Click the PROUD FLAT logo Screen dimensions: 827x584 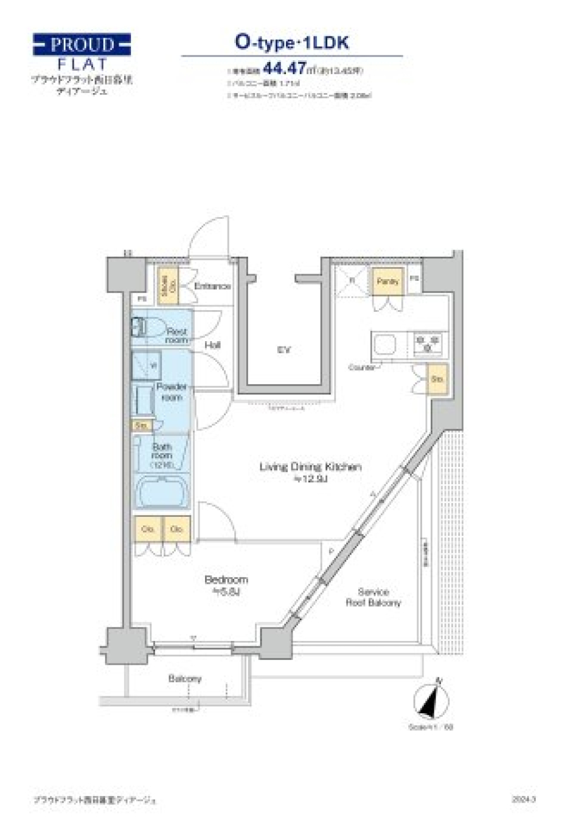pyautogui.click(x=82, y=52)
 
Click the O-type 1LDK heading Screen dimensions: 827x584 pyautogui.click(x=292, y=43)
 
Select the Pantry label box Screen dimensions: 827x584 pyautogui.click(x=388, y=282)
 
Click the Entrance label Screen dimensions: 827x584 pyautogui.click(x=212, y=286)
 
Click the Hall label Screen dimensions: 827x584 pyautogui.click(x=212, y=345)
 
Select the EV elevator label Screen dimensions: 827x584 pyautogui.click(x=283, y=350)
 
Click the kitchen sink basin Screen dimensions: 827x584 pyautogui.click(x=384, y=345)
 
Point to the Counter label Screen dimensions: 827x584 pyautogui.click(x=361, y=367)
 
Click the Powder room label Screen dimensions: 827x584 pyautogui.click(x=172, y=392)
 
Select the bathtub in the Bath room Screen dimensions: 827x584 pyautogui.click(x=161, y=491)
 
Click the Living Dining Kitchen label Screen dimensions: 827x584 pyautogui.click(x=310, y=467)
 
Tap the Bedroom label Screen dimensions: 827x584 pyautogui.click(x=226, y=580)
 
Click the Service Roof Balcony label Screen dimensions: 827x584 pyautogui.click(x=373, y=597)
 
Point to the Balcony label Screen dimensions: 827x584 pyautogui.click(x=185, y=679)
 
